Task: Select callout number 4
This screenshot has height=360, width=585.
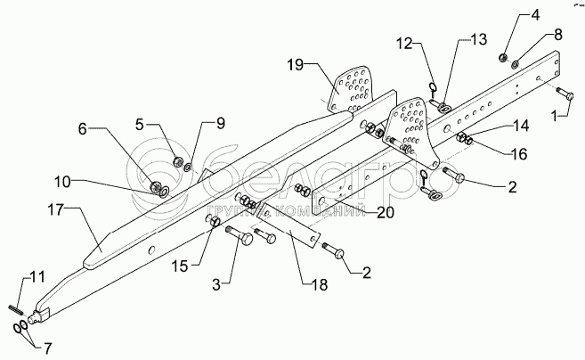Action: coord(511,15)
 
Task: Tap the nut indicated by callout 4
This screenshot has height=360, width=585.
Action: coord(503,59)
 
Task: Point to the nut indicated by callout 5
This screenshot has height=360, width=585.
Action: coord(177,162)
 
